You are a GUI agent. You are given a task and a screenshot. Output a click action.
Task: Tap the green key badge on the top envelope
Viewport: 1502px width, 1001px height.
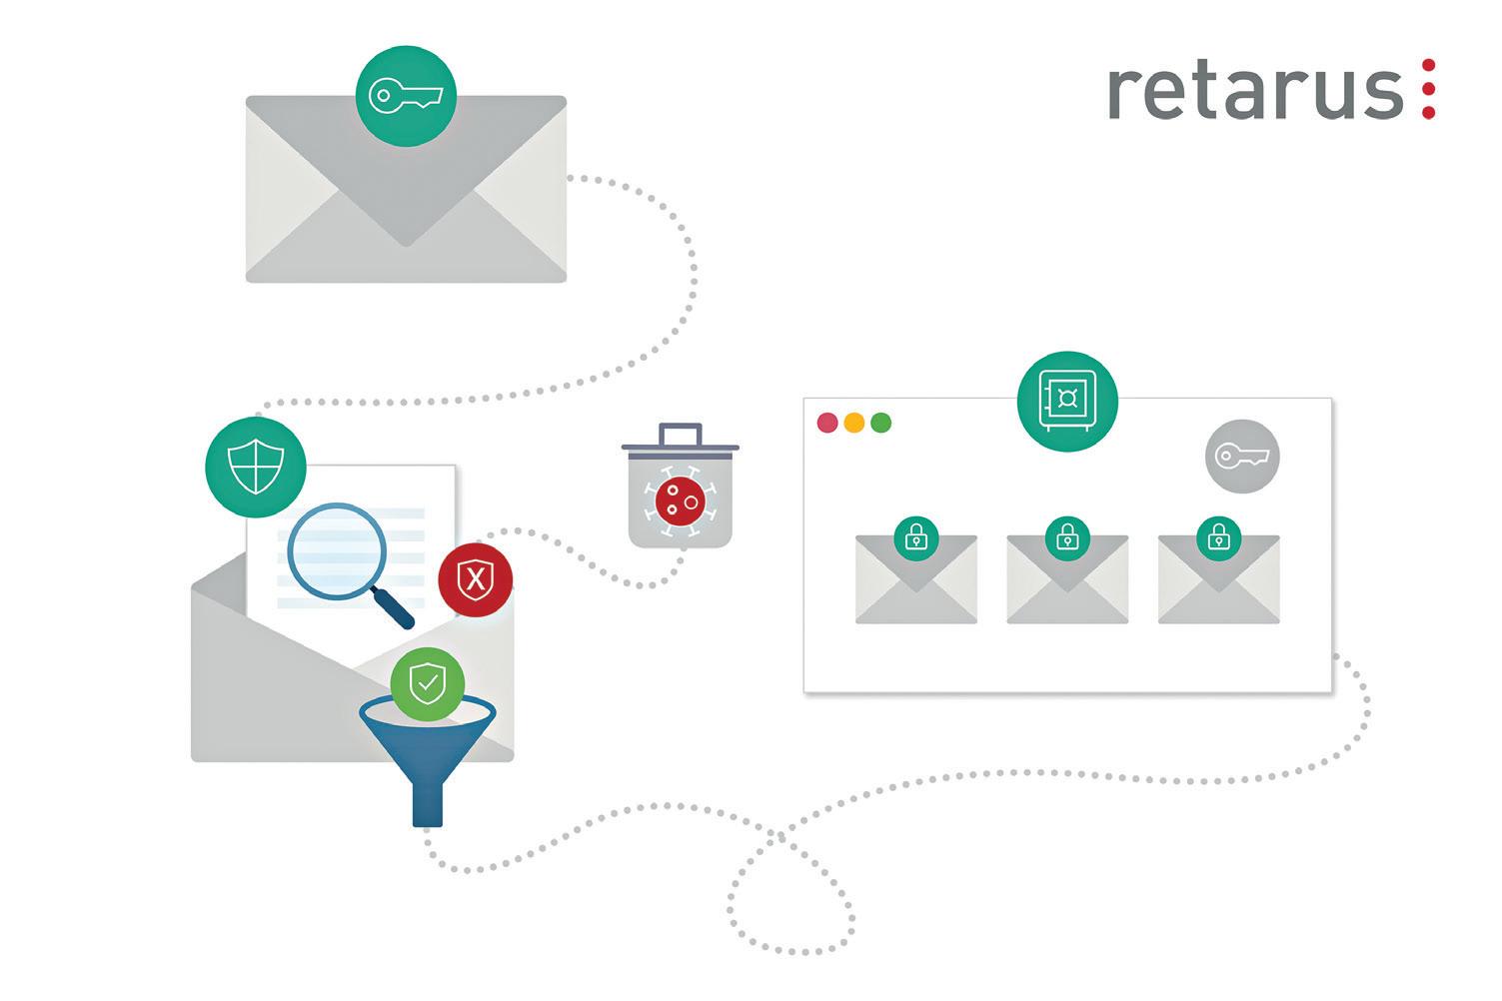(406, 96)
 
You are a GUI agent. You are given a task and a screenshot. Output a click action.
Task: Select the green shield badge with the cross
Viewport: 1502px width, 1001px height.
(255, 468)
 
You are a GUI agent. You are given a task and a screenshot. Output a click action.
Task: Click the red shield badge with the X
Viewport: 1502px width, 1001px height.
(476, 579)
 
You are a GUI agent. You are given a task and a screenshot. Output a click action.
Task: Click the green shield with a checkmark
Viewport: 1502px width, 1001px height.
(428, 685)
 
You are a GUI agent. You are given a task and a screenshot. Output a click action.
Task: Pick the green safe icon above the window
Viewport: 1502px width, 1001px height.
(1067, 401)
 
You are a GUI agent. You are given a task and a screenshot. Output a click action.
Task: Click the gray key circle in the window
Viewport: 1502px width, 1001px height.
(1242, 457)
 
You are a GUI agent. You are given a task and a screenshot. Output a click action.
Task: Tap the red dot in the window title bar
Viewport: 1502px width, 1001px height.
(827, 423)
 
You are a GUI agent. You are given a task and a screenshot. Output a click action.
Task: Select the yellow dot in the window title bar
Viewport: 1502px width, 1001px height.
(854, 423)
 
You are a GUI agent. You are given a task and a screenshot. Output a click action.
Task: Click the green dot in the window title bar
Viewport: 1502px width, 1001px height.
(881, 423)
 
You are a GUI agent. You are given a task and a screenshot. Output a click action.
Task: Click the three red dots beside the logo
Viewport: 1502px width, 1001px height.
(1429, 90)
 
